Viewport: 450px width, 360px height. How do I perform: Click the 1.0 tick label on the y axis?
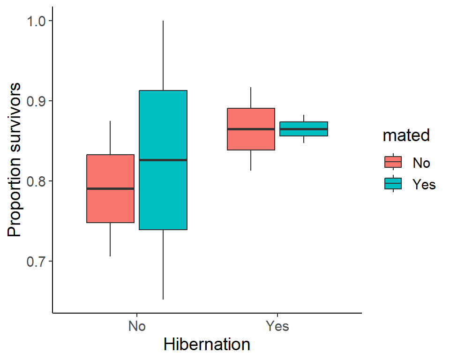36,21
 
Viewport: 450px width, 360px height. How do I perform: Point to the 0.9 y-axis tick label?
36,101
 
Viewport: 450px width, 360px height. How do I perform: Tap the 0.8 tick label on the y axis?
36,181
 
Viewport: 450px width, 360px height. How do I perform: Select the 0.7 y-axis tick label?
36,262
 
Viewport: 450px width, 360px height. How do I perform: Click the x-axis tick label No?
136,326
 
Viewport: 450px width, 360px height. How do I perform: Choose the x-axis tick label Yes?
277,326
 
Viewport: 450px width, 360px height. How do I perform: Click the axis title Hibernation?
207,345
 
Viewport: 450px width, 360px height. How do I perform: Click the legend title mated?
406,135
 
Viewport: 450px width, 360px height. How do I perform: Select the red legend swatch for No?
393,162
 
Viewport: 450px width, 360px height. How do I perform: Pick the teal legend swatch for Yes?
393,184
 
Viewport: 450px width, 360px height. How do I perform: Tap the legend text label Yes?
424,184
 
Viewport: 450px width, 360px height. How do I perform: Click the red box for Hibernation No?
110,206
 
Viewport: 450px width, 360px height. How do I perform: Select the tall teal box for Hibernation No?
163,197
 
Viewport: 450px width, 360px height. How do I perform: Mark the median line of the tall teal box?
163,160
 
